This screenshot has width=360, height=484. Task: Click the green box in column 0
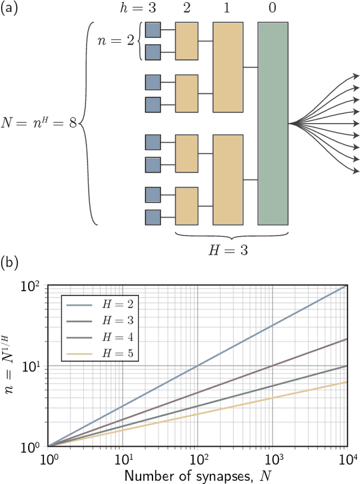273,123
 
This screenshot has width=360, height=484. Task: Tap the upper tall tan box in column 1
228,67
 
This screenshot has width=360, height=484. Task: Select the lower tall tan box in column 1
228,179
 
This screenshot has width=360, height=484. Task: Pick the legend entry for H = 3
101,322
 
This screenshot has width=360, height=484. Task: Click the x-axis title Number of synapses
197,475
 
